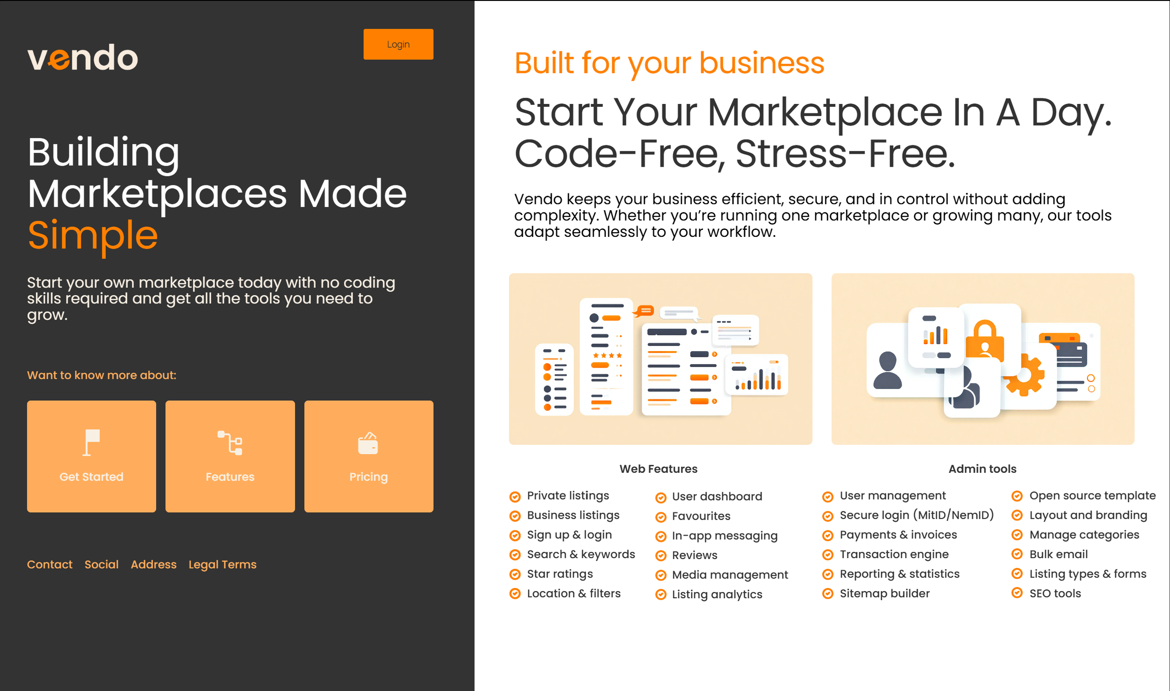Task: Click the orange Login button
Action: (x=398, y=44)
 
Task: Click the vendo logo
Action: (x=83, y=58)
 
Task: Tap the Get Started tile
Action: (x=91, y=456)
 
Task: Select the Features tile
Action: (x=230, y=456)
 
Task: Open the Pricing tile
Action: (x=368, y=456)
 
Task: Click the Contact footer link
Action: (x=50, y=564)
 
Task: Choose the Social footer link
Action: (x=102, y=564)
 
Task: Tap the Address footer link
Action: (x=154, y=564)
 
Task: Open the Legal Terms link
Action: (x=222, y=565)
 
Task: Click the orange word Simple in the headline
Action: (x=93, y=235)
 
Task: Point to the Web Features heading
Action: (x=658, y=469)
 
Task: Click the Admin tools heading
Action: (x=982, y=469)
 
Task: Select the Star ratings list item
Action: (x=560, y=574)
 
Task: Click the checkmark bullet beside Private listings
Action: (x=515, y=497)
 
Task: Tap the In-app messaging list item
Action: (x=724, y=536)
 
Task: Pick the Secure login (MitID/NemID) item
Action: (x=916, y=515)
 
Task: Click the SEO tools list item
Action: (x=1055, y=593)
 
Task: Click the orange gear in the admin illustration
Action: (x=1024, y=375)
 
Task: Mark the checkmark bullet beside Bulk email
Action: (x=1017, y=554)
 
